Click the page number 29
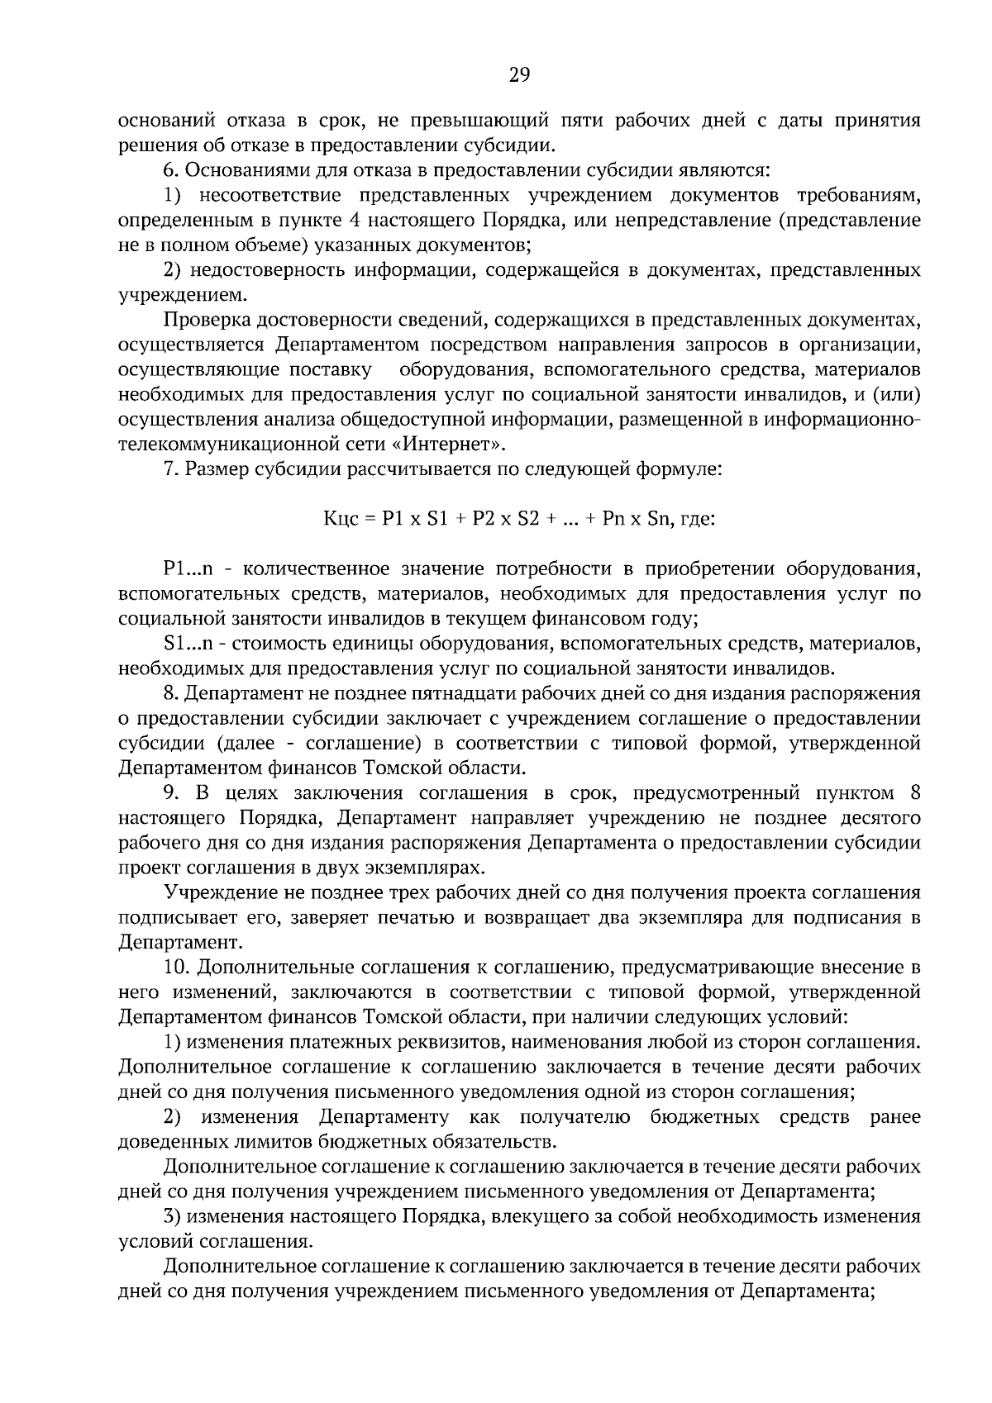point(518,76)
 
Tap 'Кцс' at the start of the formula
point(338,520)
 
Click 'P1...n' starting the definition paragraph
point(188,568)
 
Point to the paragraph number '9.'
point(171,793)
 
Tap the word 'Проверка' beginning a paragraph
point(205,320)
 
